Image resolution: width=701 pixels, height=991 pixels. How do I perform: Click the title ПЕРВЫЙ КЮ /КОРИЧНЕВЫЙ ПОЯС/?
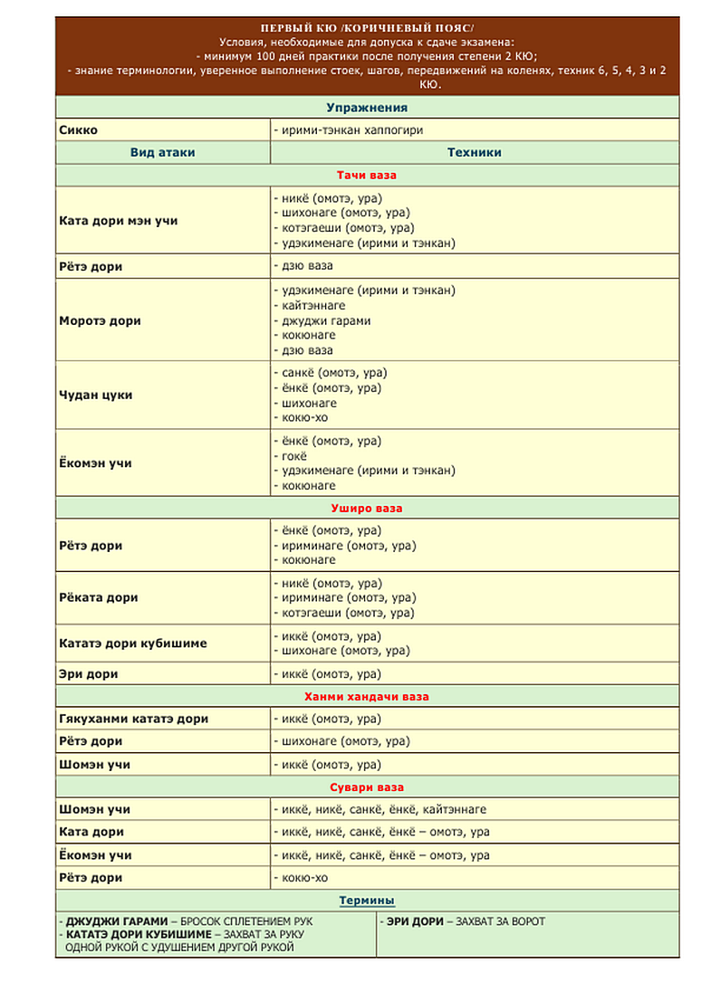click(366, 28)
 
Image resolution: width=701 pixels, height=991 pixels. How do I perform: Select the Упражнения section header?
click(367, 108)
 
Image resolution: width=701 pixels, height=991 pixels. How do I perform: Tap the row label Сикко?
click(79, 130)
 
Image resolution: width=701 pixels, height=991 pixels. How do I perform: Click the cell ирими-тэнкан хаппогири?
click(349, 130)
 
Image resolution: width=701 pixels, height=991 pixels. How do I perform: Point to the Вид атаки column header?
click(162, 153)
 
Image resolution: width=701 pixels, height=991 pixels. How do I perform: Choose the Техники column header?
click(474, 153)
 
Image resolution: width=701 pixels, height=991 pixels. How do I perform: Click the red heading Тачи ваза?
click(367, 175)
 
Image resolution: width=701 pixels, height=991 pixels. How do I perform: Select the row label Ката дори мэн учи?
click(118, 221)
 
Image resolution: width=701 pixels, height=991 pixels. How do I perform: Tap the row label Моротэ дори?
click(100, 320)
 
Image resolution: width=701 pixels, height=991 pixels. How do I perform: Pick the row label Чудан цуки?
click(95, 395)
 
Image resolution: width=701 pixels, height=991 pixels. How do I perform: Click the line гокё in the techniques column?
click(292, 456)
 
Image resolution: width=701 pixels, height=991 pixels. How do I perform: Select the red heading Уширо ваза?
click(367, 508)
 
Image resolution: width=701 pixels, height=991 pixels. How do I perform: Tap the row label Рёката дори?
click(98, 598)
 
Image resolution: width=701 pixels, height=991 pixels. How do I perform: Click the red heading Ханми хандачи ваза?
click(367, 697)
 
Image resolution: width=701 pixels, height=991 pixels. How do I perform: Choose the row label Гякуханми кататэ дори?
click(133, 719)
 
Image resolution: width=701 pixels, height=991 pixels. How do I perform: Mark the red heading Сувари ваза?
click(367, 787)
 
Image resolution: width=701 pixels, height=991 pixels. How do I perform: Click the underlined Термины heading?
click(367, 900)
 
